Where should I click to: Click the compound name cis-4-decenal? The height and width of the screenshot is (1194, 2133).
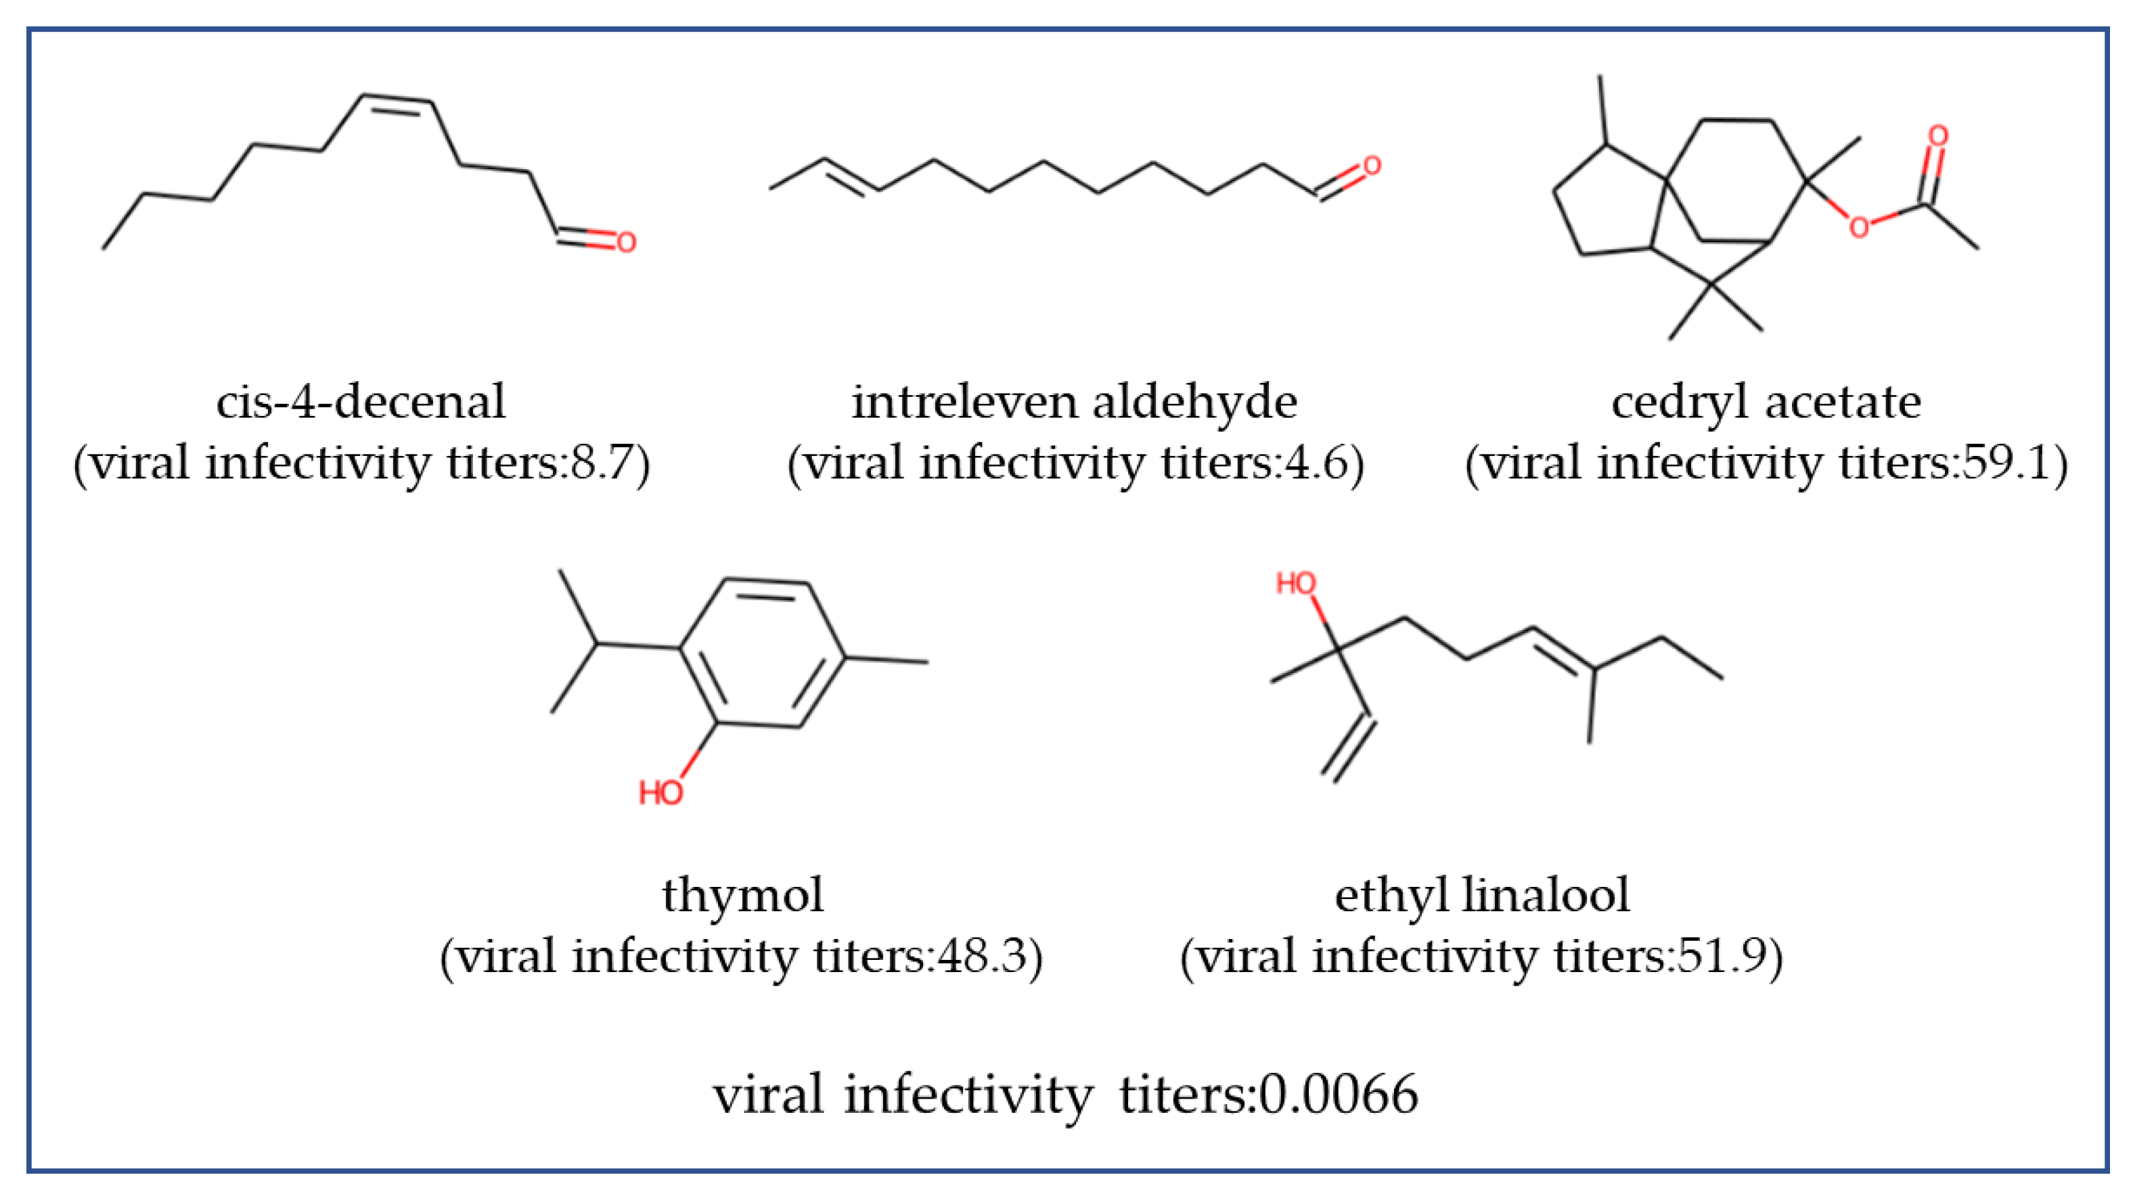(x=360, y=403)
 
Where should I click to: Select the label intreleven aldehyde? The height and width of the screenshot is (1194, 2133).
(x=1074, y=403)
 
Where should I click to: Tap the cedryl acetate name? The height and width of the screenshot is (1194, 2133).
(x=1766, y=403)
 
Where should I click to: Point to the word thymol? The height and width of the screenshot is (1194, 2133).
(x=743, y=895)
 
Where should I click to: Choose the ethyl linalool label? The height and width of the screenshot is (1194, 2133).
(x=1481, y=895)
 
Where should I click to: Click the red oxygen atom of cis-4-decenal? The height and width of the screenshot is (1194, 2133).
(x=626, y=243)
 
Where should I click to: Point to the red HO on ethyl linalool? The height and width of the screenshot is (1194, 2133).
(x=1296, y=584)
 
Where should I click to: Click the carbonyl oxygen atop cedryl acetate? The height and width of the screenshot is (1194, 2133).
(x=1938, y=136)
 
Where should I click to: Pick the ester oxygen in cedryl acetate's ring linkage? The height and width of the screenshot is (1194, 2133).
(x=1859, y=227)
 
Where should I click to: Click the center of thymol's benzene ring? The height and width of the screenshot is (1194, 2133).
(x=763, y=654)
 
